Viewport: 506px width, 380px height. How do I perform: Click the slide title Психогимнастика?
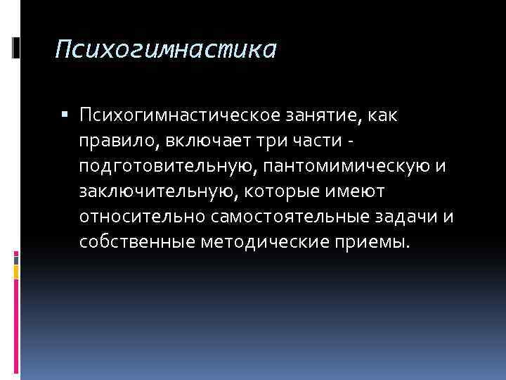coord(167,49)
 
